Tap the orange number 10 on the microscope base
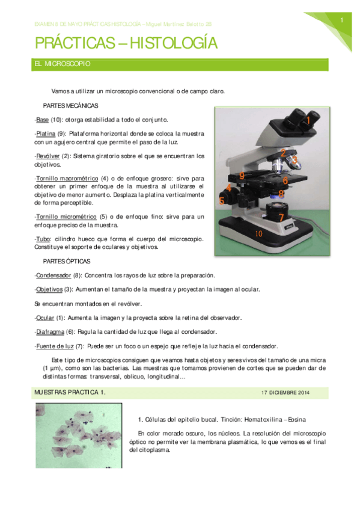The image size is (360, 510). click(x=258, y=233)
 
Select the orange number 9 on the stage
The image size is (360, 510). click(x=241, y=175)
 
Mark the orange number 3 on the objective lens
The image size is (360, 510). click(x=294, y=159)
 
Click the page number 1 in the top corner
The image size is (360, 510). click(x=341, y=21)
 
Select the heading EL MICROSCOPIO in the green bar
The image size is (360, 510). click(x=63, y=63)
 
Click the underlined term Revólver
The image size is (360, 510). click(x=47, y=156)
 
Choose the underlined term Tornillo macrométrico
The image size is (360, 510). click(x=67, y=179)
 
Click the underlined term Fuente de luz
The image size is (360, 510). click(x=55, y=346)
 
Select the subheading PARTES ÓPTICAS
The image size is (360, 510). click(x=66, y=261)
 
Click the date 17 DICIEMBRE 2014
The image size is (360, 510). click(x=285, y=393)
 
